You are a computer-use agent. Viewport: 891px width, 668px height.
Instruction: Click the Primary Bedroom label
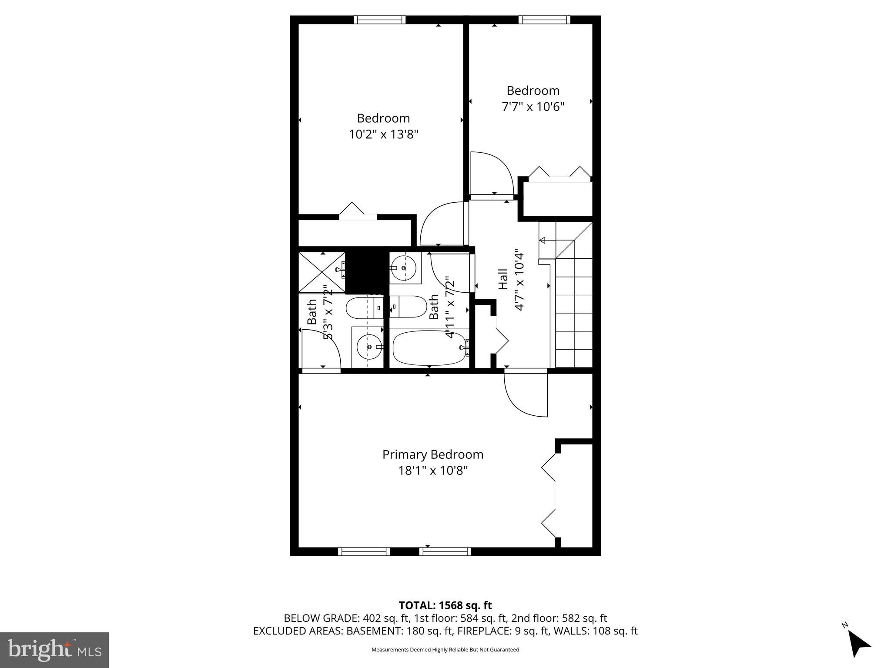click(432, 454)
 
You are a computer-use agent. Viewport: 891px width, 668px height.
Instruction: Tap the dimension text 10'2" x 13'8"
click(383, 134)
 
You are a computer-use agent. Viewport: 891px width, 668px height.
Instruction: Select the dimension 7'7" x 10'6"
click(533, 107)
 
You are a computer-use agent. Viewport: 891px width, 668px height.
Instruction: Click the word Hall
click(503, 279)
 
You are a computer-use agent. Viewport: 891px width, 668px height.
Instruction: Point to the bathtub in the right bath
click(429, 348)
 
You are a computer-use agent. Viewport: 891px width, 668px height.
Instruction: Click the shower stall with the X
click(322, 272)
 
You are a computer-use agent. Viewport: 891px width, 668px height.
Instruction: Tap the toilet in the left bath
click(363, 308)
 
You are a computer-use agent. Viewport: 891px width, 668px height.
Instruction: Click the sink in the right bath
click(404, 268)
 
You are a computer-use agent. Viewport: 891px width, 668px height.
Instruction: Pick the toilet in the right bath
click(409, 307)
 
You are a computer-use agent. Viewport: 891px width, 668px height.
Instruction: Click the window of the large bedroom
click(379, 20)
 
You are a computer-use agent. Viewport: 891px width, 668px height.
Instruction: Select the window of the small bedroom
click(544, 20)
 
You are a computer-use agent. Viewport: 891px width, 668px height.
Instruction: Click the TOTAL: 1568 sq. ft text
click(445, 605)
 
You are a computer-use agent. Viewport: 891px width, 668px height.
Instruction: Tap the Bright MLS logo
click(54, 650)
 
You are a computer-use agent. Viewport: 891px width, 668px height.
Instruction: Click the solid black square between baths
click(367, 272)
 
